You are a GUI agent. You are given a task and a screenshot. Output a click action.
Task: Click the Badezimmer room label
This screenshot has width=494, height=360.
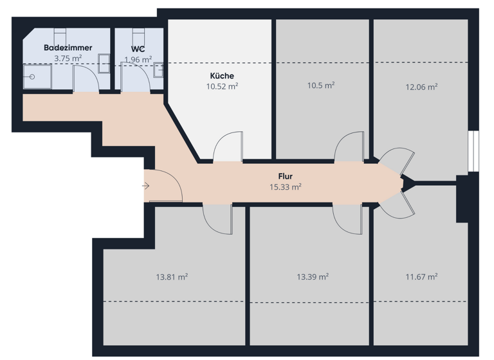[68, 48]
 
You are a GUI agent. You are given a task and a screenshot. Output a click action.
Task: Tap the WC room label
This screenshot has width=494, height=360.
[138, 48]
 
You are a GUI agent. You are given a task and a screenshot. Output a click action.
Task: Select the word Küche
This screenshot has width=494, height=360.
[222, 76]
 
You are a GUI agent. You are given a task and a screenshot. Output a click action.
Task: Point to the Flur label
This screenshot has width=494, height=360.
[286, 175]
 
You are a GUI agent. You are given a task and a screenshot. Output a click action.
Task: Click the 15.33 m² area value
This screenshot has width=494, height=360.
[286, 187]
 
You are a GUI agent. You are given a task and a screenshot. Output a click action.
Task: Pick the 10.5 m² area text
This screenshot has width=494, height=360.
[321, 85]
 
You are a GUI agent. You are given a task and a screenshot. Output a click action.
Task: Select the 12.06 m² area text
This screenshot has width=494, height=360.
[421, 87]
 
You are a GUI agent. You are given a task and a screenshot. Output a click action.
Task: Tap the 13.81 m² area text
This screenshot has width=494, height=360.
[172, 277]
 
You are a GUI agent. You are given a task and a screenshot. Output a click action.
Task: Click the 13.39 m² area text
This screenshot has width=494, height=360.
[313, 277]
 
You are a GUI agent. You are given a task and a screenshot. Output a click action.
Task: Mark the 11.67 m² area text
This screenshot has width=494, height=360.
[421, 277]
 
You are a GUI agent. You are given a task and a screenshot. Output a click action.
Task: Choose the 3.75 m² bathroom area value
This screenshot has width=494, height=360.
[68, 59]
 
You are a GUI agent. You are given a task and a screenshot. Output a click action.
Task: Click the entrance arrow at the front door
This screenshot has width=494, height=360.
[146, 186]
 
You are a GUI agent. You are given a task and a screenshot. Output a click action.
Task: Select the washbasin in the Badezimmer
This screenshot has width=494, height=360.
[104, 60]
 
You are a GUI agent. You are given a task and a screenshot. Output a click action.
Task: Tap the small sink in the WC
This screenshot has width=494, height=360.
[158, 69]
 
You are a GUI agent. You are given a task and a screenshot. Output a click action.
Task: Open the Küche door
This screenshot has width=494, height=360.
[228, 147]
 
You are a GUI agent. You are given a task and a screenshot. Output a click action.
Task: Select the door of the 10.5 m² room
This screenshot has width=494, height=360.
[350, 147]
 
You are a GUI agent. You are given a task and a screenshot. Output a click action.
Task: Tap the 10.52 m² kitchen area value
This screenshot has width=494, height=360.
[222, 86]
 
